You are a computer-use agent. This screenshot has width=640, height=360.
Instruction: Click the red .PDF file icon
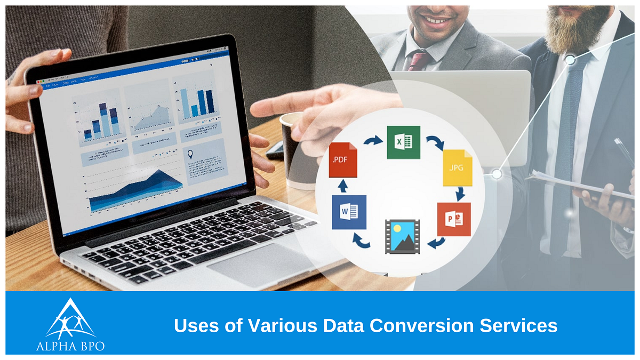pyautogui.click(x=343, y=160)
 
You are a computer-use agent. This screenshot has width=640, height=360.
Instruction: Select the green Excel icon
pyautogui.click(x=403, y=142)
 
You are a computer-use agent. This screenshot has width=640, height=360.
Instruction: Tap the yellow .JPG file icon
pyautogui.click(x=458, y=167)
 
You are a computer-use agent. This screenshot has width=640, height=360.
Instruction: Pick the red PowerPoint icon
pyautogui.click(x=454, y=219)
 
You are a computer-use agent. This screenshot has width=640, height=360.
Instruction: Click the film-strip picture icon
pyautogui.click(x=403, y=236)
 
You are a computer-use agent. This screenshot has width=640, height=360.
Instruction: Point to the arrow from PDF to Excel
pyautogui.click(x=373, y=141)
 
